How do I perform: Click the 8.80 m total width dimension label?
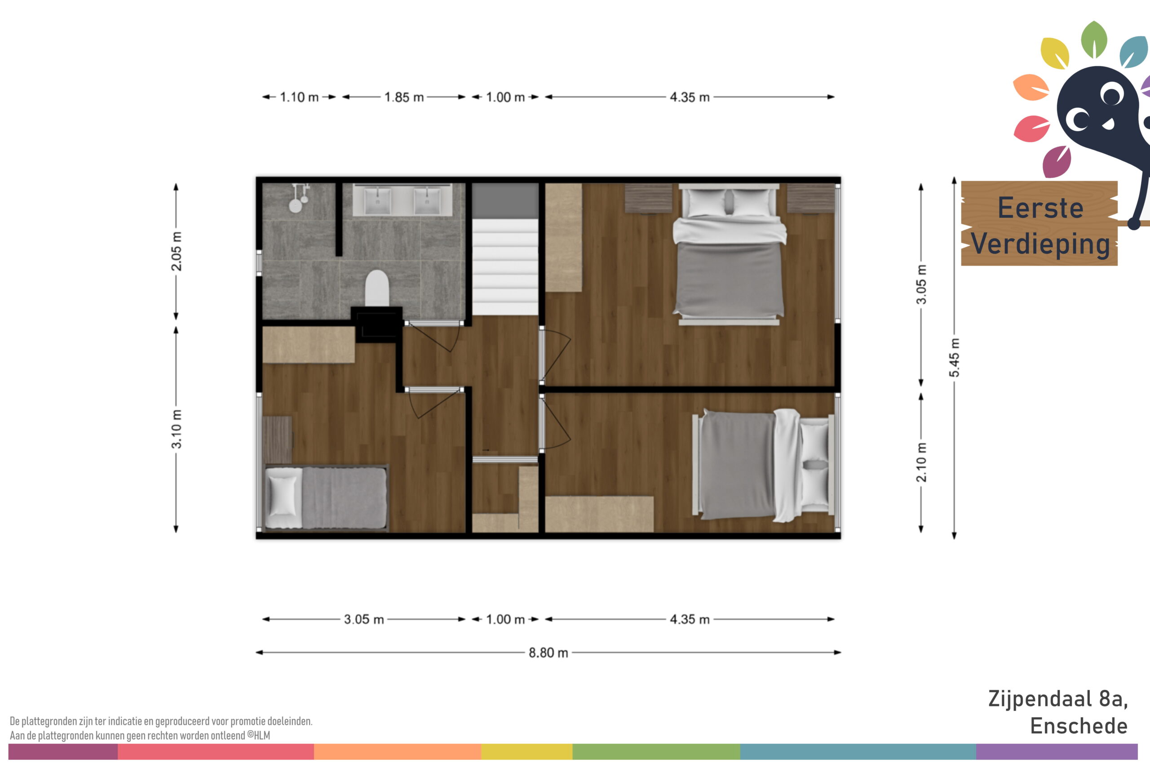548,653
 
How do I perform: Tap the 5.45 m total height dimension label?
954,358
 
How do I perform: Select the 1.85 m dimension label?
404,97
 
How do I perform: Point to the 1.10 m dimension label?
299,97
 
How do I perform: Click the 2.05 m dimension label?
176,251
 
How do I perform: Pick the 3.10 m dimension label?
176,429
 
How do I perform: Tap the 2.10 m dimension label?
921,462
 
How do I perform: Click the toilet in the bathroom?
377,289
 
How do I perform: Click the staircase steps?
505,267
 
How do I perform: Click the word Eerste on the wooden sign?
1040,208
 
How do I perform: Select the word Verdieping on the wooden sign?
1040,244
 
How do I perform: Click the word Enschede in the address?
1079,726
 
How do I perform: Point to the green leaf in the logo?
1094,39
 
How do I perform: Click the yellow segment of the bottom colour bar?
527,752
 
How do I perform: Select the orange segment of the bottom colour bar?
398,752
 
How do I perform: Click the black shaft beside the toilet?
377,325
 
